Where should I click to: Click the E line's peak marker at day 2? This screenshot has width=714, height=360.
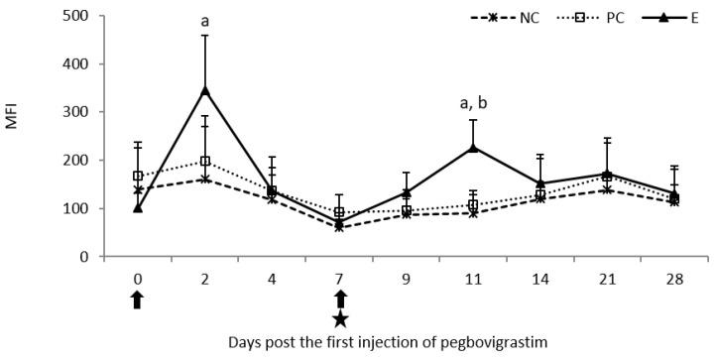205,91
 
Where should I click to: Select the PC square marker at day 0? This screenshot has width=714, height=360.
138,176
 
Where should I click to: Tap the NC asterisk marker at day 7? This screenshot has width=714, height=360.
339,227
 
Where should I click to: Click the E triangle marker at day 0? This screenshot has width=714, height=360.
138,208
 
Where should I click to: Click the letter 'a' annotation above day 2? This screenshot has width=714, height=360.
204,19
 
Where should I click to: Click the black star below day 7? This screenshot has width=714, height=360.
339,318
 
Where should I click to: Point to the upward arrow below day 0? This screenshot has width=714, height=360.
138,299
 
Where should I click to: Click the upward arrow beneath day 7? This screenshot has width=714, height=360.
339,299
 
